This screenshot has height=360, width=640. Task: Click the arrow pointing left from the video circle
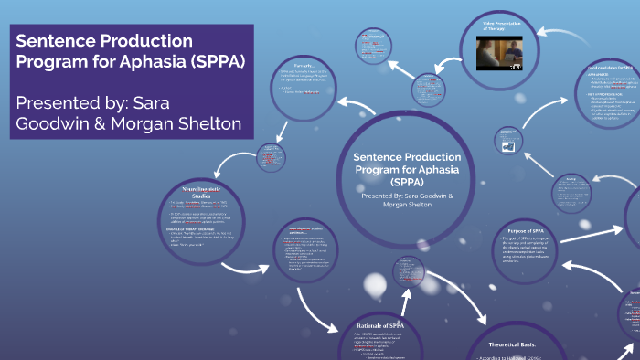coord(449,63)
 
